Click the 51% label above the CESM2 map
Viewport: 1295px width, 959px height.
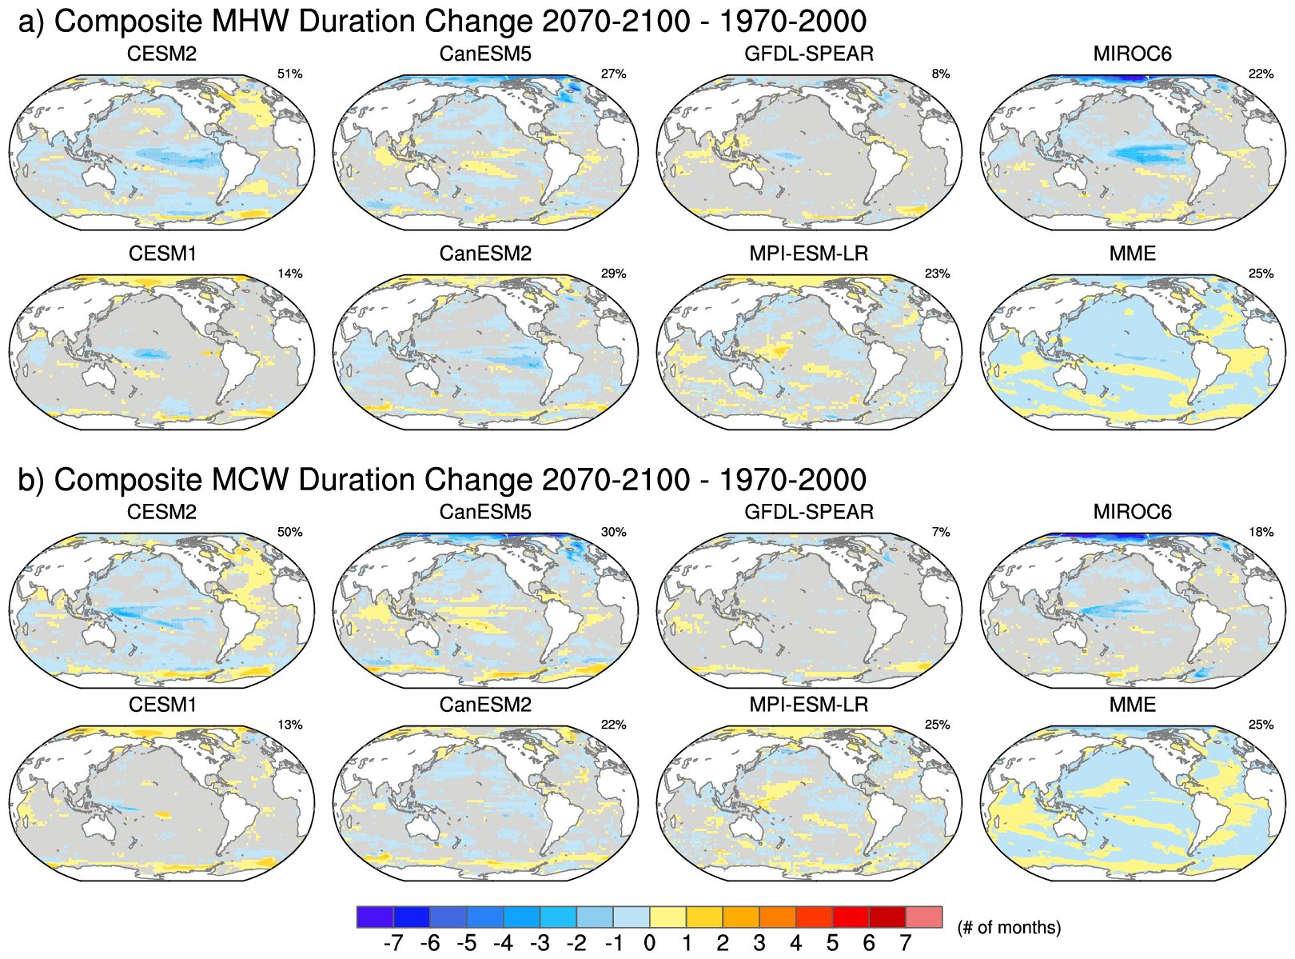tap(289, 74)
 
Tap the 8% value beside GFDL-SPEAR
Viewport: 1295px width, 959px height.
tap(940, 74)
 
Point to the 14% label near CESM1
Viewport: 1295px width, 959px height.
tap(289, 274)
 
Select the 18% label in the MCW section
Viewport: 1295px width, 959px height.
tap(1261, 532)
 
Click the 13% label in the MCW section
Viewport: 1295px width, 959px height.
tap(289, 725)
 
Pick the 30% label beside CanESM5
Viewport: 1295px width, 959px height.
tap(613, 532)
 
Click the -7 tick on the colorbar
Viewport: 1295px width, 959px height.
tap(393, 944)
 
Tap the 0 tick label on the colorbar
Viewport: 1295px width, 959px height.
tap(649, 944)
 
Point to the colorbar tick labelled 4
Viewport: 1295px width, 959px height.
tap(795, 944)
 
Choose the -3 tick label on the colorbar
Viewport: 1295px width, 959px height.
tap(540, 944)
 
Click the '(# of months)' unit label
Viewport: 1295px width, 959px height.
tap(1009, 928)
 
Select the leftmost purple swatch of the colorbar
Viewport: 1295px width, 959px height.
tap(375, 917)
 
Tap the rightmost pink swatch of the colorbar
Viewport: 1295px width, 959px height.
tap(924, 917)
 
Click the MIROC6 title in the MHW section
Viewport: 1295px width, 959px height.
tap(1132, 54)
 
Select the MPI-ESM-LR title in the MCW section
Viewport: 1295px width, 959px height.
tap(808, 705)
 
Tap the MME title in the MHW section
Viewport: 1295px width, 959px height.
tap(1132, 254)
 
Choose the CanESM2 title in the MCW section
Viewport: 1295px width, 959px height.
tap(485, 705)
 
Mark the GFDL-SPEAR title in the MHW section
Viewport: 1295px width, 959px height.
tap(808, 54)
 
